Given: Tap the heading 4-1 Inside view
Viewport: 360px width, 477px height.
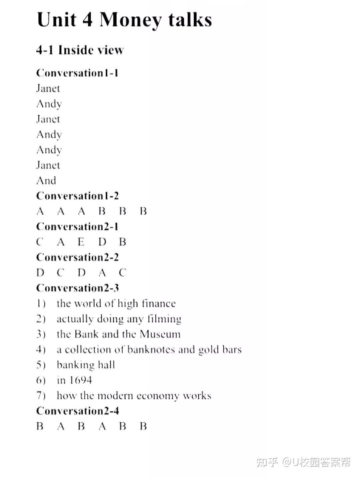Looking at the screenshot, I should pos(80,50).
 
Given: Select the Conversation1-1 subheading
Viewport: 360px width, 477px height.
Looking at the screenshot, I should pos(77,73).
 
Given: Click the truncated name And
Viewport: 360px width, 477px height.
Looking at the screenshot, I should pos(46,181).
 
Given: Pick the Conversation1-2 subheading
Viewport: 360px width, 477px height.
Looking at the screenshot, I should pos(77,196).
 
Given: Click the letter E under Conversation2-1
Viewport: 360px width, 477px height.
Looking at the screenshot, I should pos(81,242).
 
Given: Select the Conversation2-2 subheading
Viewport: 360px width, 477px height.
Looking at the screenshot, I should pos(77,257).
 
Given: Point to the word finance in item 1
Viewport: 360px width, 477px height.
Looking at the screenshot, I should pos(158,303).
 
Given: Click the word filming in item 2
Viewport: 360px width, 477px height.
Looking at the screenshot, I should pos(164,319).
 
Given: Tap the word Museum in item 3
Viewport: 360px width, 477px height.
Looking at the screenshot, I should pos(160,334).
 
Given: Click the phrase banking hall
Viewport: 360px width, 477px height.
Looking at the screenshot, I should pos(86,365).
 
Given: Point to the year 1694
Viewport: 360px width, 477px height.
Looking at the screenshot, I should pos(81,380).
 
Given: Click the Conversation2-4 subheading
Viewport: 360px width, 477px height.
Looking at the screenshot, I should pos(77,411).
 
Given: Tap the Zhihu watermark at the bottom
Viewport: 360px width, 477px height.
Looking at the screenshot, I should pos(303,462).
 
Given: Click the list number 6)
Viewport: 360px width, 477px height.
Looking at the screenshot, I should pos(41,380).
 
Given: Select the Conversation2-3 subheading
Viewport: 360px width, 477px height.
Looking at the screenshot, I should pos(77,288).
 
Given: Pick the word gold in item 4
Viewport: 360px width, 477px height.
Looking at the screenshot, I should pos(207,350).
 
